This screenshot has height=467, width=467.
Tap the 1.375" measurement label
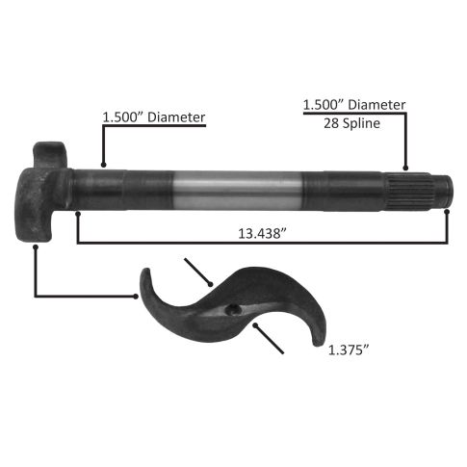coord(349,350)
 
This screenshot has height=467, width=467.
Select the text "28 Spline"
coord(351,123)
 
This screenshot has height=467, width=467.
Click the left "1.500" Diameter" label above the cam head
coord(154,117)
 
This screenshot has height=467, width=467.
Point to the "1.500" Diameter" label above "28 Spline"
coord(354,105)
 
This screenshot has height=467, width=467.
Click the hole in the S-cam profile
coord(233,309)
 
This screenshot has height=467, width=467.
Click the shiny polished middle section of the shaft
coord(237,190)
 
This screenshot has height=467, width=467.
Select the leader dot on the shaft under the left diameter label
coord(103,165)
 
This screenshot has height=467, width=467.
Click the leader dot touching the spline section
coord(405,168)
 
